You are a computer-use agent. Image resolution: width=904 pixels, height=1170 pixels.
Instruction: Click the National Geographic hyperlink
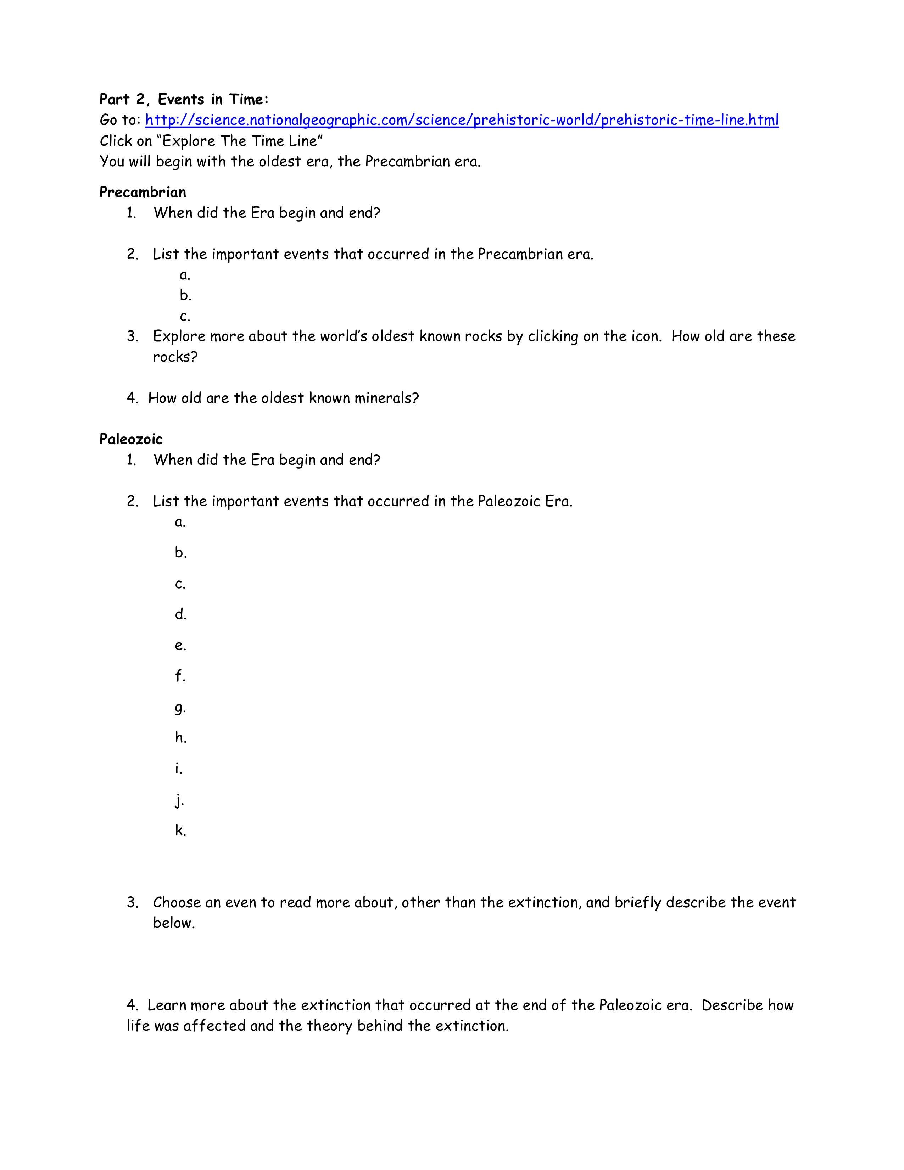(x=462, y=120)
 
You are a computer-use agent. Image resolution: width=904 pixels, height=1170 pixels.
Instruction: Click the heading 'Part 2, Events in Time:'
(x=184, y=99)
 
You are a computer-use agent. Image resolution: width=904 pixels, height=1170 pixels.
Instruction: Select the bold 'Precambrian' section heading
(x=143, y=192)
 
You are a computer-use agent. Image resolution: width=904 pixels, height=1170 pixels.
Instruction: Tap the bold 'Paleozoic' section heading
(x=131, y=439)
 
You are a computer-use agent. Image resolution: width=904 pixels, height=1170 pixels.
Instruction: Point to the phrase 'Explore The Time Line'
(x=242, y=141)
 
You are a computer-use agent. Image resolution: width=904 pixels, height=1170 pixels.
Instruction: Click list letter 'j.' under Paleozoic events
(x=179, y=800)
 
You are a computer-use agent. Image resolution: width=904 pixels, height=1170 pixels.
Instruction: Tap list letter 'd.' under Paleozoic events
(x=180, y=614)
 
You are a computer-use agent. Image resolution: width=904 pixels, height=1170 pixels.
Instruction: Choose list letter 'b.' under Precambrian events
(x=185, y=295)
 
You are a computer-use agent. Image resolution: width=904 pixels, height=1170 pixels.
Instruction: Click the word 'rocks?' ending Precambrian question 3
(x=175, y=357)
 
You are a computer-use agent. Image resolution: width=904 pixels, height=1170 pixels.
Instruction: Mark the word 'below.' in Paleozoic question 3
(x=174, y=923)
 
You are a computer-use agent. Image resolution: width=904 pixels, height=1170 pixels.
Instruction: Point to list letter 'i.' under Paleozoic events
(x=178, y=769)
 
